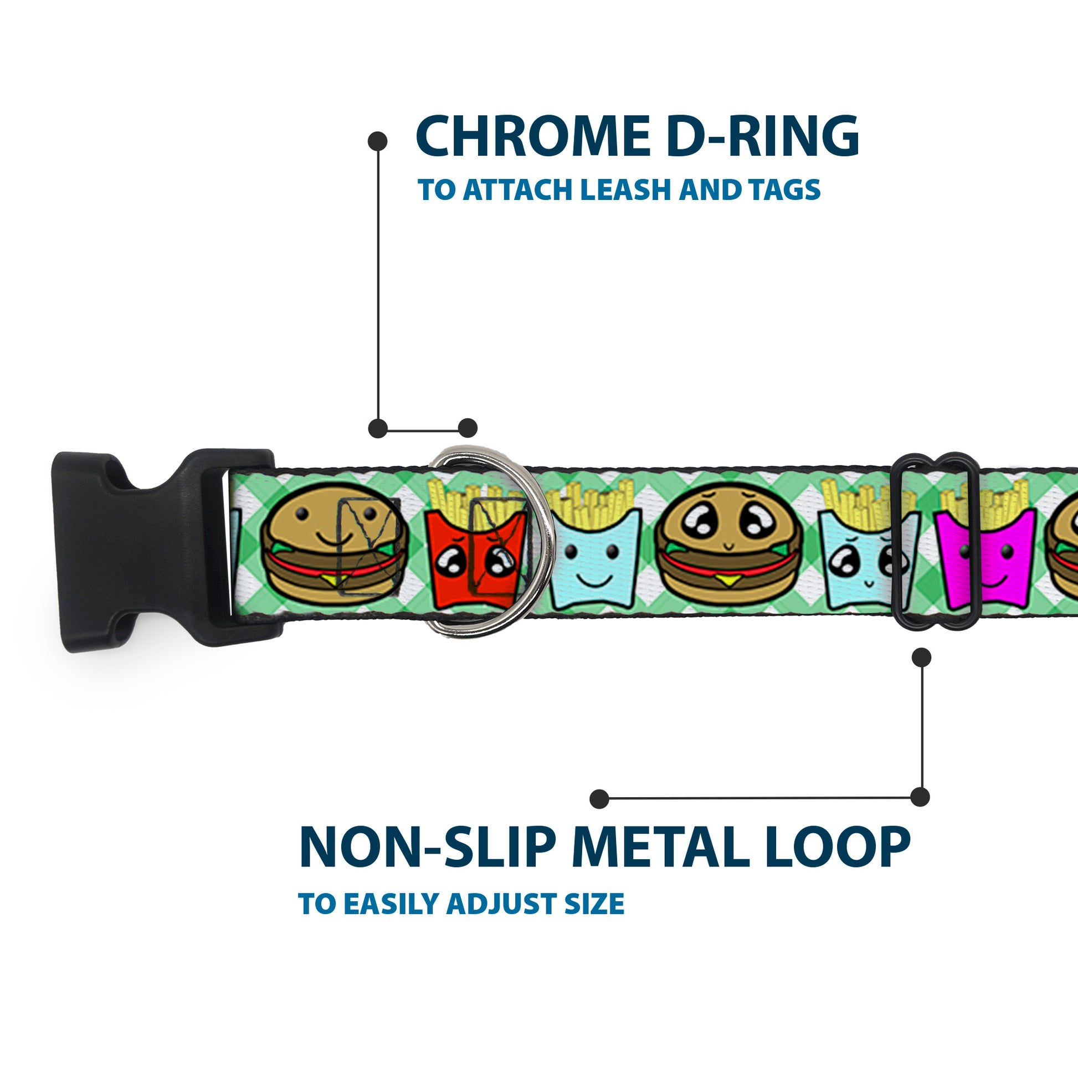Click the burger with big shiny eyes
point(728,550)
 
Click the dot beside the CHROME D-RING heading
point(378,141)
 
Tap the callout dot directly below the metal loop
point(921,658)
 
